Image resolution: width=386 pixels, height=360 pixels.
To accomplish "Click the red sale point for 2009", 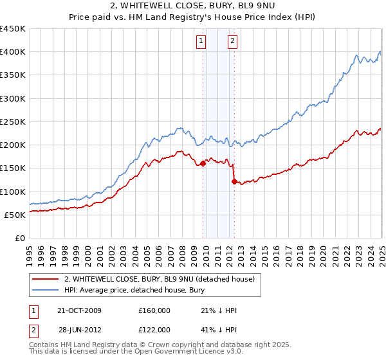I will point(203,163).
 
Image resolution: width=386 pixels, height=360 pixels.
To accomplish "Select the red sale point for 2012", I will point(234,181).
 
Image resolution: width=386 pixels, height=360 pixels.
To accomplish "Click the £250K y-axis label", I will point(12,122).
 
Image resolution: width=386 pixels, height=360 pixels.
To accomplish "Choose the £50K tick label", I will point(15,215).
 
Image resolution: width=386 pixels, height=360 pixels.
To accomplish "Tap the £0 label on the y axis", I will point(19,238).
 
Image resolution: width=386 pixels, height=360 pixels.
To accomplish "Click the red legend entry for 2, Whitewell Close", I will point(160,280).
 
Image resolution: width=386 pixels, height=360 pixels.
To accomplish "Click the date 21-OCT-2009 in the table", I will point(80,310).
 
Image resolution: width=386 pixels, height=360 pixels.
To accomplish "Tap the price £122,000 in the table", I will point(154,330).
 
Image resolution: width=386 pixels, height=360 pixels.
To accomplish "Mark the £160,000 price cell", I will point(154,310).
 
